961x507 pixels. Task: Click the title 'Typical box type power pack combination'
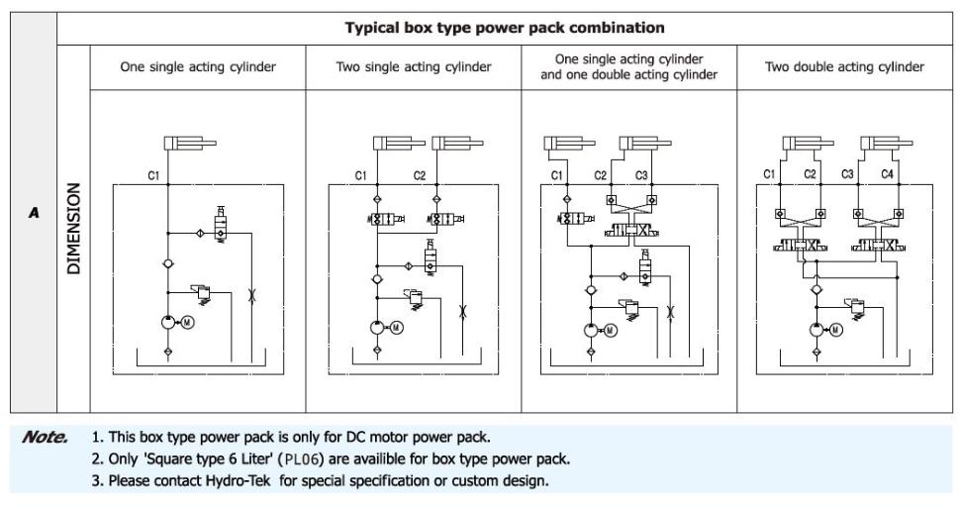click(505, 27)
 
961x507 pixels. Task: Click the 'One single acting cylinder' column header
click(197, 66)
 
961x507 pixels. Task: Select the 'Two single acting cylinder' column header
click(414, 66)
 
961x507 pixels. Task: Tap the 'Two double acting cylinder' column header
click(845, 66)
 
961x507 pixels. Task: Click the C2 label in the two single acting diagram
click(419, 175)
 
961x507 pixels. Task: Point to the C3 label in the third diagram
click(642, 175)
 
